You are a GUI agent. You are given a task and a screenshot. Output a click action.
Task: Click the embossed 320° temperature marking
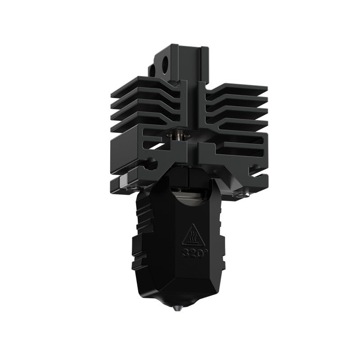pyautogui.click(x=191, y=252)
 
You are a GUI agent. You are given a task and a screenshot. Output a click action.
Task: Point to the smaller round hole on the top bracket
pyautogui.click(x=152, y=71)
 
